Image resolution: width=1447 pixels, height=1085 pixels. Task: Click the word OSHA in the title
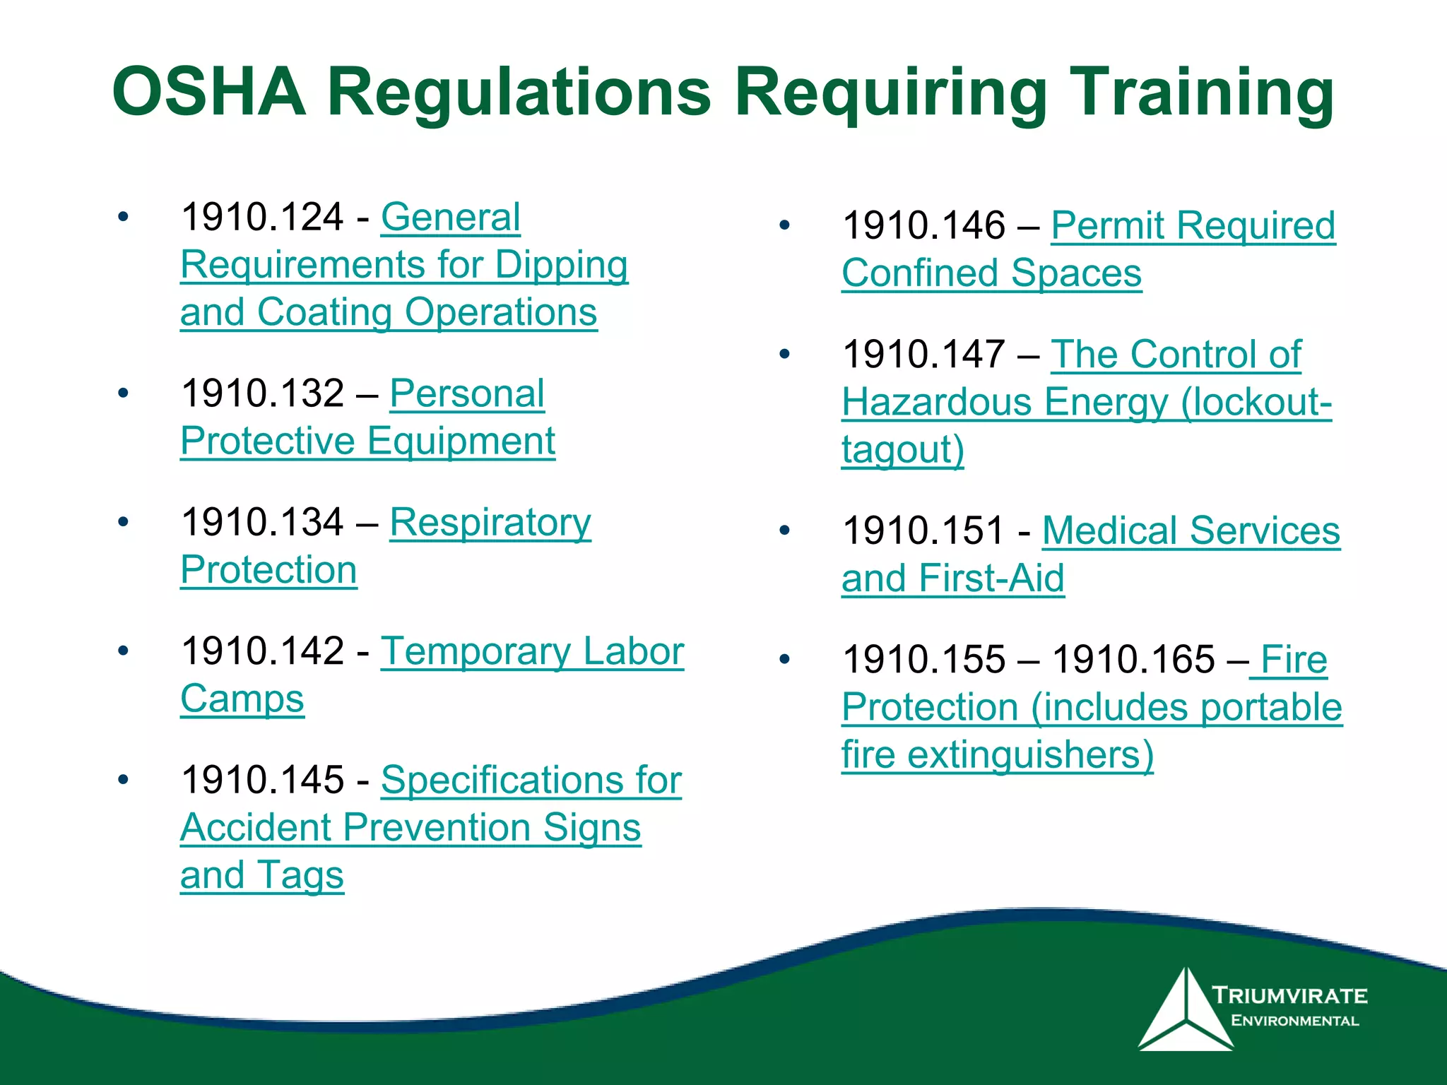point(209,92)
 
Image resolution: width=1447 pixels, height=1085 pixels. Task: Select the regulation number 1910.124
point(262,217)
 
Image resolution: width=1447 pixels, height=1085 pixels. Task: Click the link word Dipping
point(561,266)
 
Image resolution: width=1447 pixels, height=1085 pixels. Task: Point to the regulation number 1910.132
point(262,393)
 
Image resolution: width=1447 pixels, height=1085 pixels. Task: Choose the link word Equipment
point(461,441)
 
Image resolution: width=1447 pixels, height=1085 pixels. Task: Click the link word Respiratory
point(490,523)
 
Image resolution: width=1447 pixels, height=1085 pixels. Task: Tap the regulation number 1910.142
point(262,651)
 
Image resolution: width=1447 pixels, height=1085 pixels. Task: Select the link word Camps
point(242,699)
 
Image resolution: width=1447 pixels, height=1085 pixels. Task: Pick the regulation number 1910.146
point(923,226)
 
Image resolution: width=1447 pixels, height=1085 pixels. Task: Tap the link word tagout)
point(902,450)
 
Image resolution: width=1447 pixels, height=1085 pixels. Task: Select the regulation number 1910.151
point(923,531)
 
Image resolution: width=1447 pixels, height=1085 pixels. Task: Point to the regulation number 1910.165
point(1133,660)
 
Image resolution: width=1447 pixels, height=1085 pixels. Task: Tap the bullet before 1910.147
point(784,354)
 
